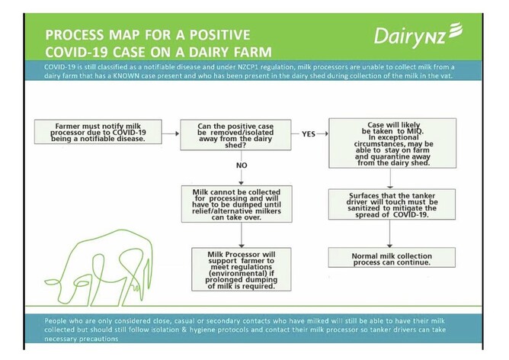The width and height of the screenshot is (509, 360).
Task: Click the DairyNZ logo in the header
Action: click(x=418, y=35)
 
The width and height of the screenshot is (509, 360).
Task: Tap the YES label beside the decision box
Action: click(x=309, y=134)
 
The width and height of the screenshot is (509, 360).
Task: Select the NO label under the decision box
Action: click(x=242, y=166)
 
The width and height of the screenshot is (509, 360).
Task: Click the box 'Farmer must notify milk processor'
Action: click(x=98, y=132)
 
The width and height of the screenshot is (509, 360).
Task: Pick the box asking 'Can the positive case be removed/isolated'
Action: click(x=235, y=135)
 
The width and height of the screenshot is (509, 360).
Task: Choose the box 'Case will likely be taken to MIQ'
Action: click(x=392, y=143)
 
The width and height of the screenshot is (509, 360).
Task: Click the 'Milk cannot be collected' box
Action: click(x=237, y=204)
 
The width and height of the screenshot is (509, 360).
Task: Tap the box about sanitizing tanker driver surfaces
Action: click(x=392, y=204)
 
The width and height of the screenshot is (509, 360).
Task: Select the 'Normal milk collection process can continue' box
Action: click(x=392, y=258)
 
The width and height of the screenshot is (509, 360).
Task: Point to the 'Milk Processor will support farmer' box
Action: click(x=242, y=269)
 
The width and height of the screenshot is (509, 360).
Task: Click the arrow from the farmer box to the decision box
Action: click(x=171, y=133)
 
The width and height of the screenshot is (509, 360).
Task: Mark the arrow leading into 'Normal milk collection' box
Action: click(x=390, y=233)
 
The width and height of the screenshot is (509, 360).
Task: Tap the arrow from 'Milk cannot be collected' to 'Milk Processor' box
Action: click(x=242, y=235)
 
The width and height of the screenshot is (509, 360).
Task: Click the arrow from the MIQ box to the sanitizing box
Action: click(x=390, y=178)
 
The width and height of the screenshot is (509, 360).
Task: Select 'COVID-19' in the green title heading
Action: click(x=77, y=52)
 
